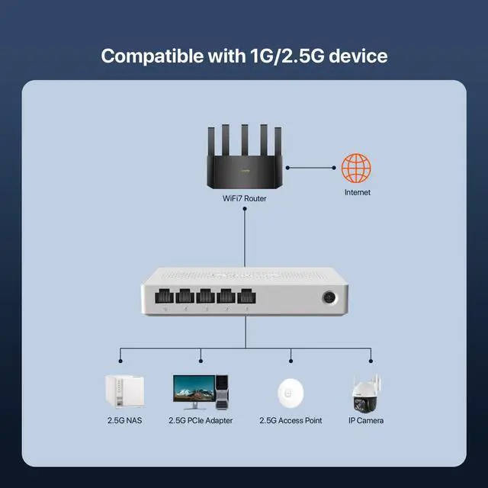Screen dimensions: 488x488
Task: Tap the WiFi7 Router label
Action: pyautogui.click(x=244, y=198)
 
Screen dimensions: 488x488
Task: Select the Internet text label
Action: pyautogui.click(x=357, y=192)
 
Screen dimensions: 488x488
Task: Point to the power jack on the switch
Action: pyautogui.click(x=330, y=297)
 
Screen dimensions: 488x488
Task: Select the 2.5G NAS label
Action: pyautogui.click(x=124, y=420)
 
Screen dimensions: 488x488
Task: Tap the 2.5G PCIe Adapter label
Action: pyautogui.click(x=201, y=420)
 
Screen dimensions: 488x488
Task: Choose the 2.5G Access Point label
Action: pyautogui.click(x=291, y=420)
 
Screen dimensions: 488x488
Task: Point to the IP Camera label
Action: pyautogui.click(x=366, y=420)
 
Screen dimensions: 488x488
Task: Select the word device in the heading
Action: pyautogui.click(x=359, y=56)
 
